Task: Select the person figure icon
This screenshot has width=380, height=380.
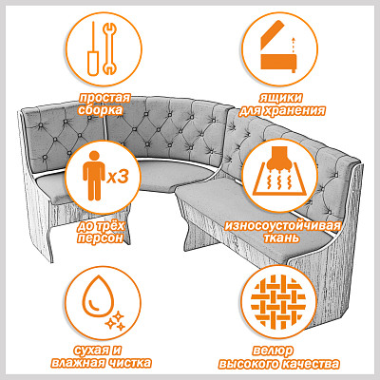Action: click(x=94, y=176)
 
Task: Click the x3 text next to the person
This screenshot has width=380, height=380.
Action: click(x=118, y=178)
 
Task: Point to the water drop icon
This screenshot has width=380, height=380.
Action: click(x=98, y=296)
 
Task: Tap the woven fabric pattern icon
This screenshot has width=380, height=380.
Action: click(x=278, y=302)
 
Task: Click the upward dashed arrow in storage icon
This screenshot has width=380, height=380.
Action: click(x=294, y=46)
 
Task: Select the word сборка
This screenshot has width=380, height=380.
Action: click(x=100, y=110)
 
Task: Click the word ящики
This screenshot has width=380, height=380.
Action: click(x=281, y=98)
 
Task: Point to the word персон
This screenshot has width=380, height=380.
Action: click(x=100, y=237)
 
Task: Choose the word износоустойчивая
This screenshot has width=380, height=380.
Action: click(x=283, y=226)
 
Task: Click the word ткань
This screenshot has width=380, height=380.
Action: click(x=282, y=237)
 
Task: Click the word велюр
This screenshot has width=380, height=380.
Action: click(x=273, y=351)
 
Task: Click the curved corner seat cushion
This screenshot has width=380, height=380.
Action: click(x=174, y=175)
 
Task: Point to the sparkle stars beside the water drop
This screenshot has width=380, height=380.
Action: click(x=115, y=320)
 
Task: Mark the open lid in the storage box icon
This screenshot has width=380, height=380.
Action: click(x=272, y=34)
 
